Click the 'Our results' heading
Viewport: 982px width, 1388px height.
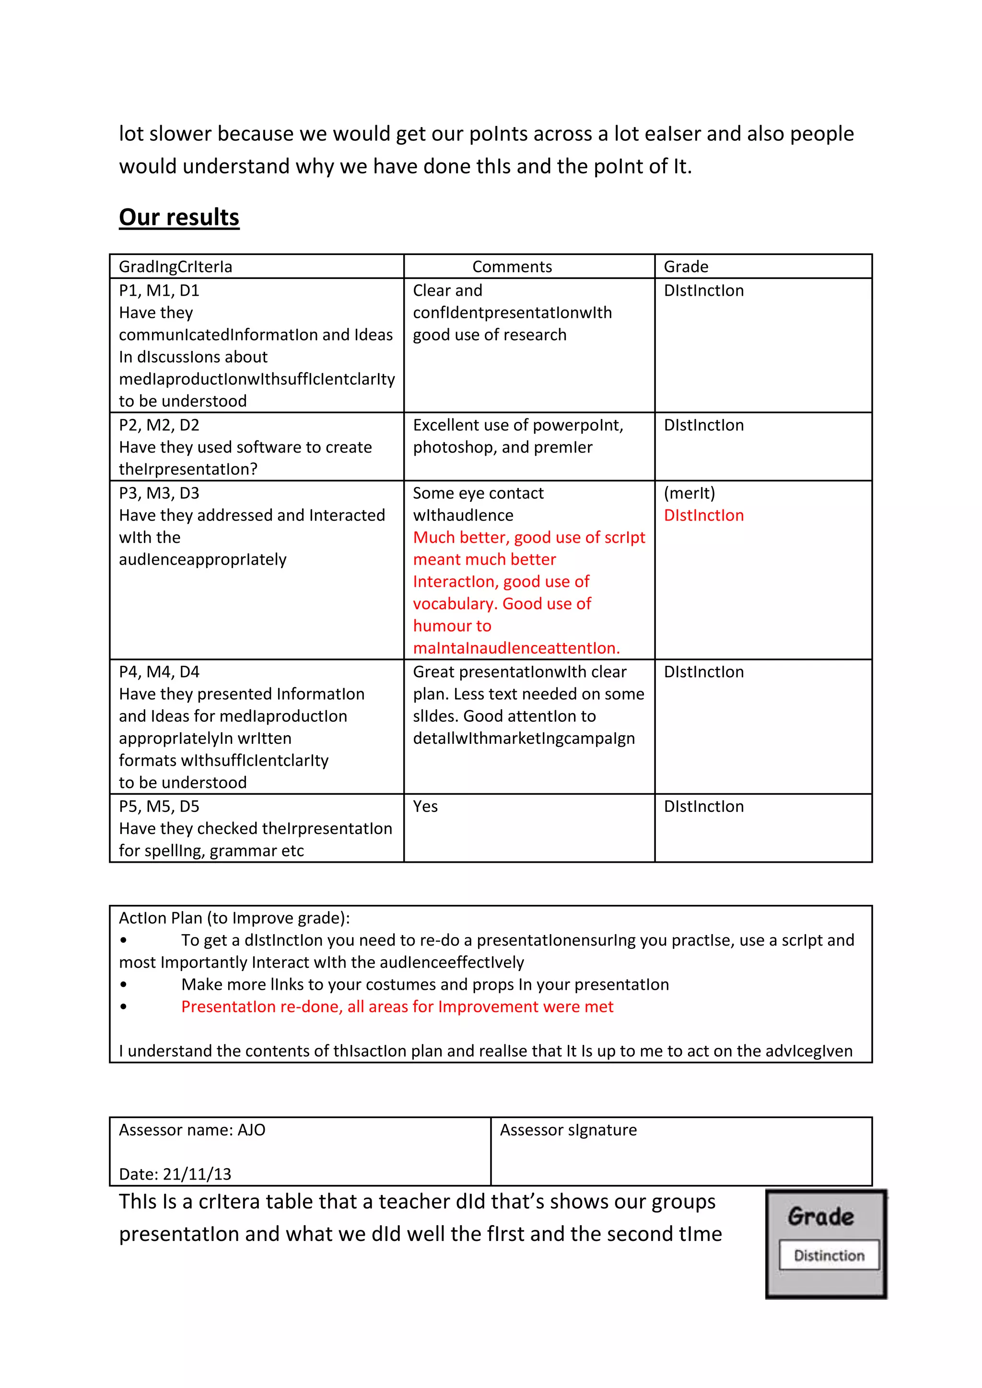coord(179,217)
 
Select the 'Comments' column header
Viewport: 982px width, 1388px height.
coord(512,266)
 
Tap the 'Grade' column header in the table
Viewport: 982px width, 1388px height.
coord(686,266)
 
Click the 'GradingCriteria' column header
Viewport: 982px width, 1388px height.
coord(175,266)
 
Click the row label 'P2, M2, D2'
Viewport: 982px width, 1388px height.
coord(159,425)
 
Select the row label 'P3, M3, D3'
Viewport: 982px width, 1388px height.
coord(159,493)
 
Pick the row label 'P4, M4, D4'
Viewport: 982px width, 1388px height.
coord(159,671)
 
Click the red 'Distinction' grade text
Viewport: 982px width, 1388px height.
coord(703,515)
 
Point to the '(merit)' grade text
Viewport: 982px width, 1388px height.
coord(690,493)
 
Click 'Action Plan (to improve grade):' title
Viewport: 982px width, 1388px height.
coord(234,918)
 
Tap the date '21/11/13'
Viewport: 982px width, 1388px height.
coord(197,1173)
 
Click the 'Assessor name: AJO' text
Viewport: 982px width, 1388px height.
coord(192,1129)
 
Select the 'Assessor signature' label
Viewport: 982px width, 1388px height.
coord(568,1129)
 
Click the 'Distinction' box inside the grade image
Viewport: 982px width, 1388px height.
coord(829,1255)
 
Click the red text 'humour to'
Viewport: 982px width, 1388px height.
coord(452,625)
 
